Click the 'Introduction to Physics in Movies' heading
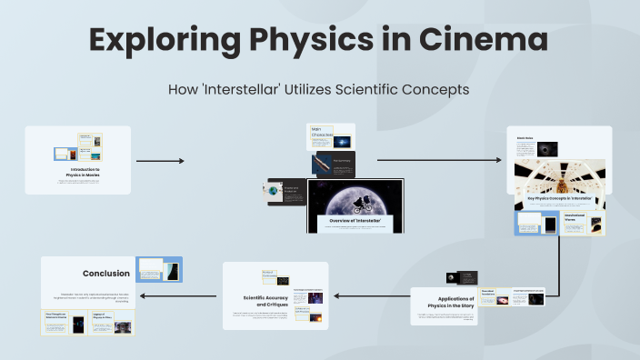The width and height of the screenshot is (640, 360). [85, 171]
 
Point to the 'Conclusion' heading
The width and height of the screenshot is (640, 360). [106, 273]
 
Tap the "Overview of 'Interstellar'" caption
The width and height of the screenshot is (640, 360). [355, 220]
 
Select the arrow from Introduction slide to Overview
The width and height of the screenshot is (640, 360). [160, 161]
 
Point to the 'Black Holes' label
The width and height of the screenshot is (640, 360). [525, 138]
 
